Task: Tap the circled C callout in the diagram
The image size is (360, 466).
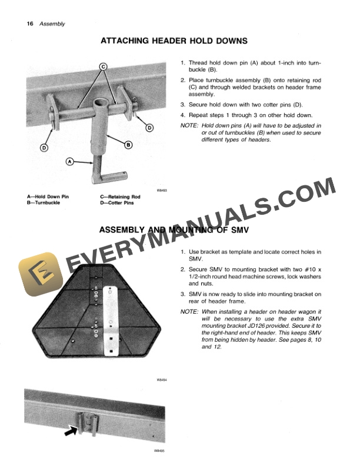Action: [102, 66]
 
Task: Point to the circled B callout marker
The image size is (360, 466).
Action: [128, 145]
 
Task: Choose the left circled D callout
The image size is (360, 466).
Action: [44, 148]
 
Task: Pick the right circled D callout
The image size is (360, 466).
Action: [149, 128]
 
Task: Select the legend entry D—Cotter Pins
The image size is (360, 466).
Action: [117, 203]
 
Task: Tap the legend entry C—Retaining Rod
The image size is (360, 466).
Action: [120, 197]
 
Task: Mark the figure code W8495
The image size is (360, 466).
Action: [160, 451]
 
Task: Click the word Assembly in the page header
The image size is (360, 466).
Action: [52, 24]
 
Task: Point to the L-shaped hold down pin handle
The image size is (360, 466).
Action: [109, 175]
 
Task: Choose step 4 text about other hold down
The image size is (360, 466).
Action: [247, 115]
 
